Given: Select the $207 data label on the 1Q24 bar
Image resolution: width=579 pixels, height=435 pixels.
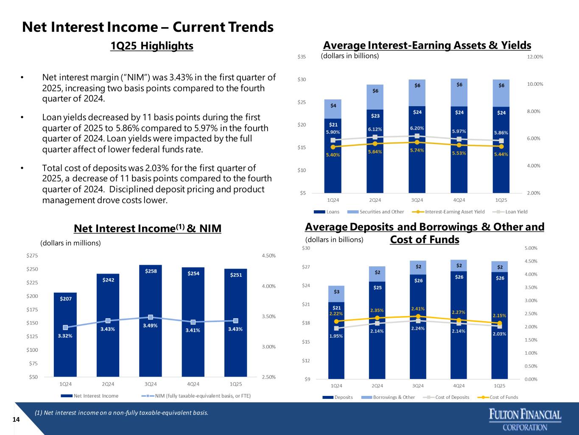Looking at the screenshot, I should pyautogui.click(x=65, y=299).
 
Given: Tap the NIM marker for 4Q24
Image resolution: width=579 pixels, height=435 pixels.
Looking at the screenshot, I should pyautogui.click(x=193, y=322).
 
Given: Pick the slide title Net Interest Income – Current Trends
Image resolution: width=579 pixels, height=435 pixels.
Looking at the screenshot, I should pyautogui.click(x=148, y=27).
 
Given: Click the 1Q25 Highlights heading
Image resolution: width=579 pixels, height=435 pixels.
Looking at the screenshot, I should pyautogui.click(x=151, y=46).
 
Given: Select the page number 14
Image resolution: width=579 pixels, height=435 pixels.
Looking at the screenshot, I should pyautogui.click(x=16, y=420).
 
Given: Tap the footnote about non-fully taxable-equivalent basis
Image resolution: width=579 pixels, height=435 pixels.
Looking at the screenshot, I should pyautogui.click(x=122, y=412).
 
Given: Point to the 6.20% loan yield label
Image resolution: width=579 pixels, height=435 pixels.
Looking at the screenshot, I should pyautogui.click(x=417, y=128).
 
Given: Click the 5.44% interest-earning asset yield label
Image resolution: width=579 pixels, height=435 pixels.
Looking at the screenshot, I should pyautogui.click(x=501, y=154).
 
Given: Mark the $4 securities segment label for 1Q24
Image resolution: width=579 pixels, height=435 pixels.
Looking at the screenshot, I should pyautogui.click(x=333, y=105).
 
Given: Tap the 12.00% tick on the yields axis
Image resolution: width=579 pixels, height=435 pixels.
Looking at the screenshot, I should pyautogui.click(x=535, y=57).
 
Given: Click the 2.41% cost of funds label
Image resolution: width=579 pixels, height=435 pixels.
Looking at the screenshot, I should pyautogui.click(x=418, y=308).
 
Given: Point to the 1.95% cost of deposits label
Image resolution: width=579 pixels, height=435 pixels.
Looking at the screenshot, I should pyautogui.click(x=336, y=336).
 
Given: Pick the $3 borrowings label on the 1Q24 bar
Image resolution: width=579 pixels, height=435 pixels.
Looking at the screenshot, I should pyautogui.click(x=336, y=292).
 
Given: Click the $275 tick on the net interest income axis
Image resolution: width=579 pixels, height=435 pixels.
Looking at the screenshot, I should pyautogui.click(x=32, y=256).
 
